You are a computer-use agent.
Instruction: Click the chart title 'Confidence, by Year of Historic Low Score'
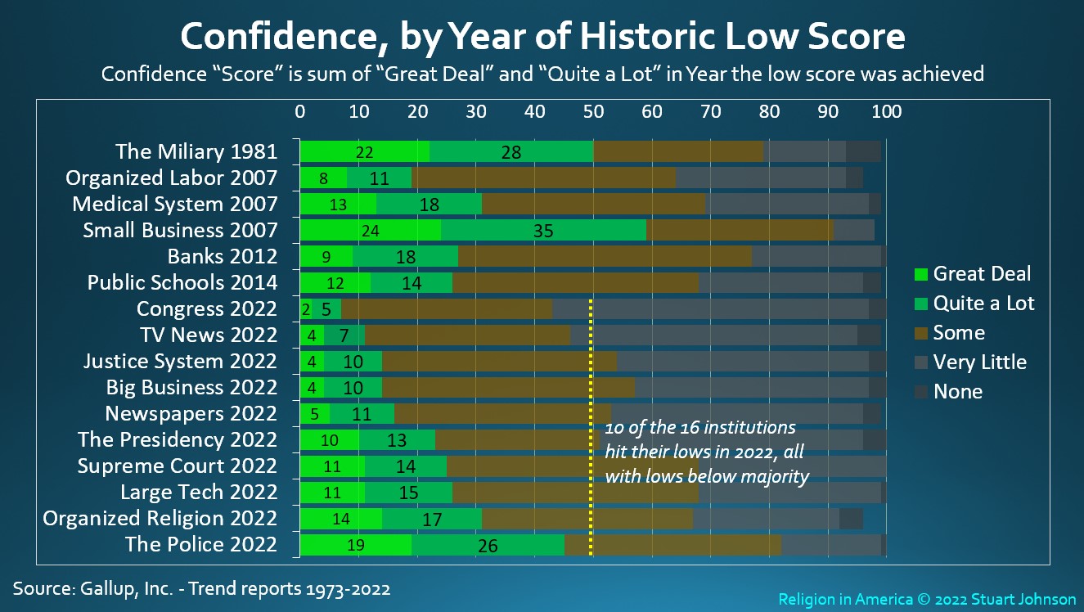(542, 37)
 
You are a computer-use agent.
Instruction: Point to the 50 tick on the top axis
(592, 112)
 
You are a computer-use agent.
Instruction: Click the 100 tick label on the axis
(886, 112)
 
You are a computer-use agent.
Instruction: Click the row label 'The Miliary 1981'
(196, 151)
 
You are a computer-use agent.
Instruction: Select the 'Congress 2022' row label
(207, 309)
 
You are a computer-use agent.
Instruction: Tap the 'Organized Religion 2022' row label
(160, 519)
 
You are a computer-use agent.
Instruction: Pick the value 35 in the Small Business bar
(543, 231)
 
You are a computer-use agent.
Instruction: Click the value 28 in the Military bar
(512, 152)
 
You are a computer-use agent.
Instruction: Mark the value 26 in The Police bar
(488, 545)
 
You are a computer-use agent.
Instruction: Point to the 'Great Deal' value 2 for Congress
(306, 309)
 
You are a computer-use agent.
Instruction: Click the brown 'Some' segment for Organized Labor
(543, 178)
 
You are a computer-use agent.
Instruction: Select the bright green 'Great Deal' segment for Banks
(326, 257)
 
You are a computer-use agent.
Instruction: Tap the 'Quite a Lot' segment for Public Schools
(411, 283)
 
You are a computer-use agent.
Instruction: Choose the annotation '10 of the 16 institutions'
(699, 428)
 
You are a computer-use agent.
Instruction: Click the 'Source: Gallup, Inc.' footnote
(201, 588)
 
